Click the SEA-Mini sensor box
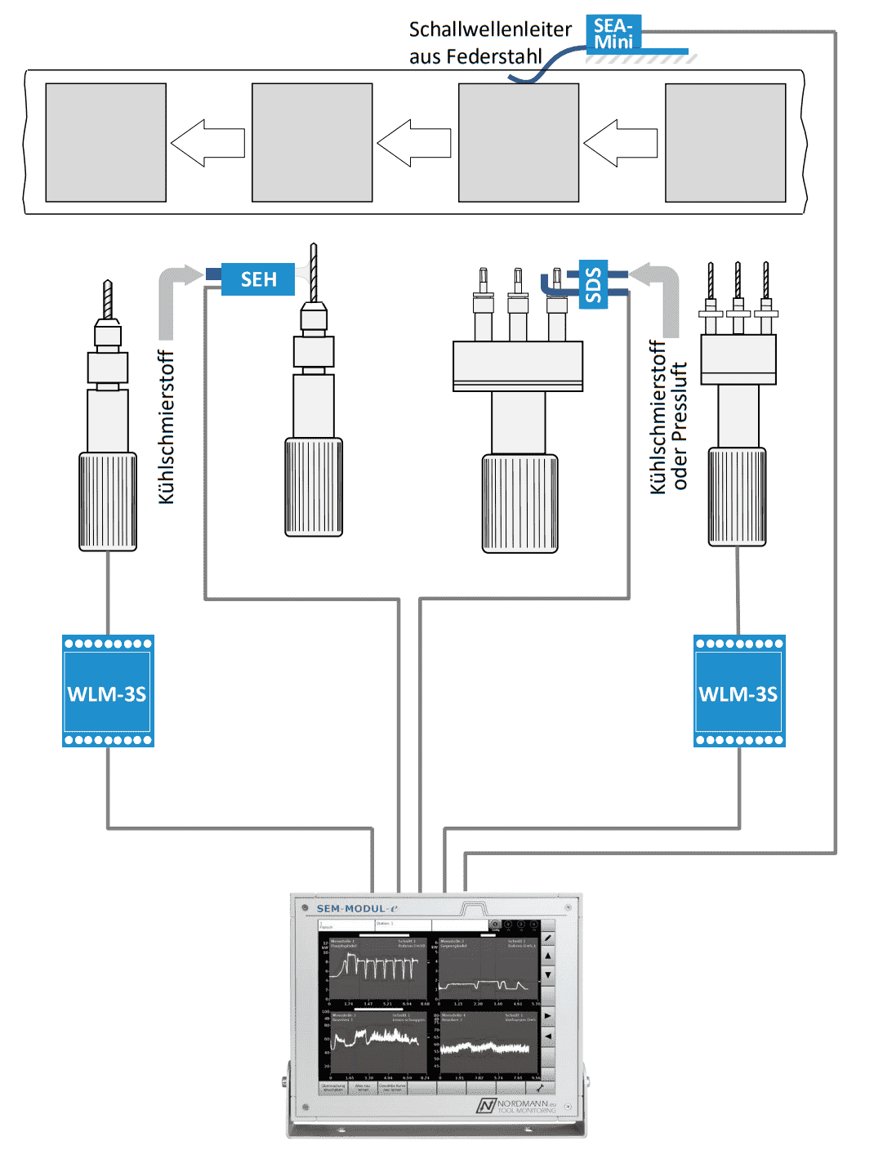(613, 33)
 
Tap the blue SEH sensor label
(258, 279)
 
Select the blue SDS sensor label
(593, 284)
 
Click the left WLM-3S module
(108, 692)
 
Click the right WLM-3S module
(739, 692)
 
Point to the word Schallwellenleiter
(490, 29)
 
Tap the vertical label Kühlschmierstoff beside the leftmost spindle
(167, 427)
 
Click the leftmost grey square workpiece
(106, 143)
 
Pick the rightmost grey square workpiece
(725, 143)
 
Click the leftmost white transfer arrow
(207, 143)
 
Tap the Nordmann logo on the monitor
(516, 1105)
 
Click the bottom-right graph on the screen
(488, 1046)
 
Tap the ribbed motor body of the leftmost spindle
(108, 502)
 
